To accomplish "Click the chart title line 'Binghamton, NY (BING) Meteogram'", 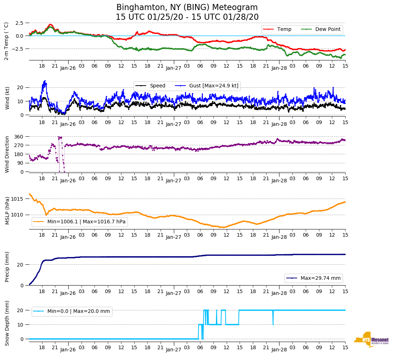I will click(x=187, y=8).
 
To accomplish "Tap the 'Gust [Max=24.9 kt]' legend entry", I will click(x=214, y=86).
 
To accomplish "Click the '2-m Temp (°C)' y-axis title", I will click(x=6, y=41).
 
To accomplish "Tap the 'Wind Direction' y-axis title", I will click(x=7, y=154).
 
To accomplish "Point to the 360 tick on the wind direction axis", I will click(x=19, y=137).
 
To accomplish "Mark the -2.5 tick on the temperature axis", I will click(x=18, y=49).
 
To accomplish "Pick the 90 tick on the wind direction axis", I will click(x=20, y=163).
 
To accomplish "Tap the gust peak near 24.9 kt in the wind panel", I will click(x=45, y=81).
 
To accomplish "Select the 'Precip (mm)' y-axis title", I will click(x=7, y=270).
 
